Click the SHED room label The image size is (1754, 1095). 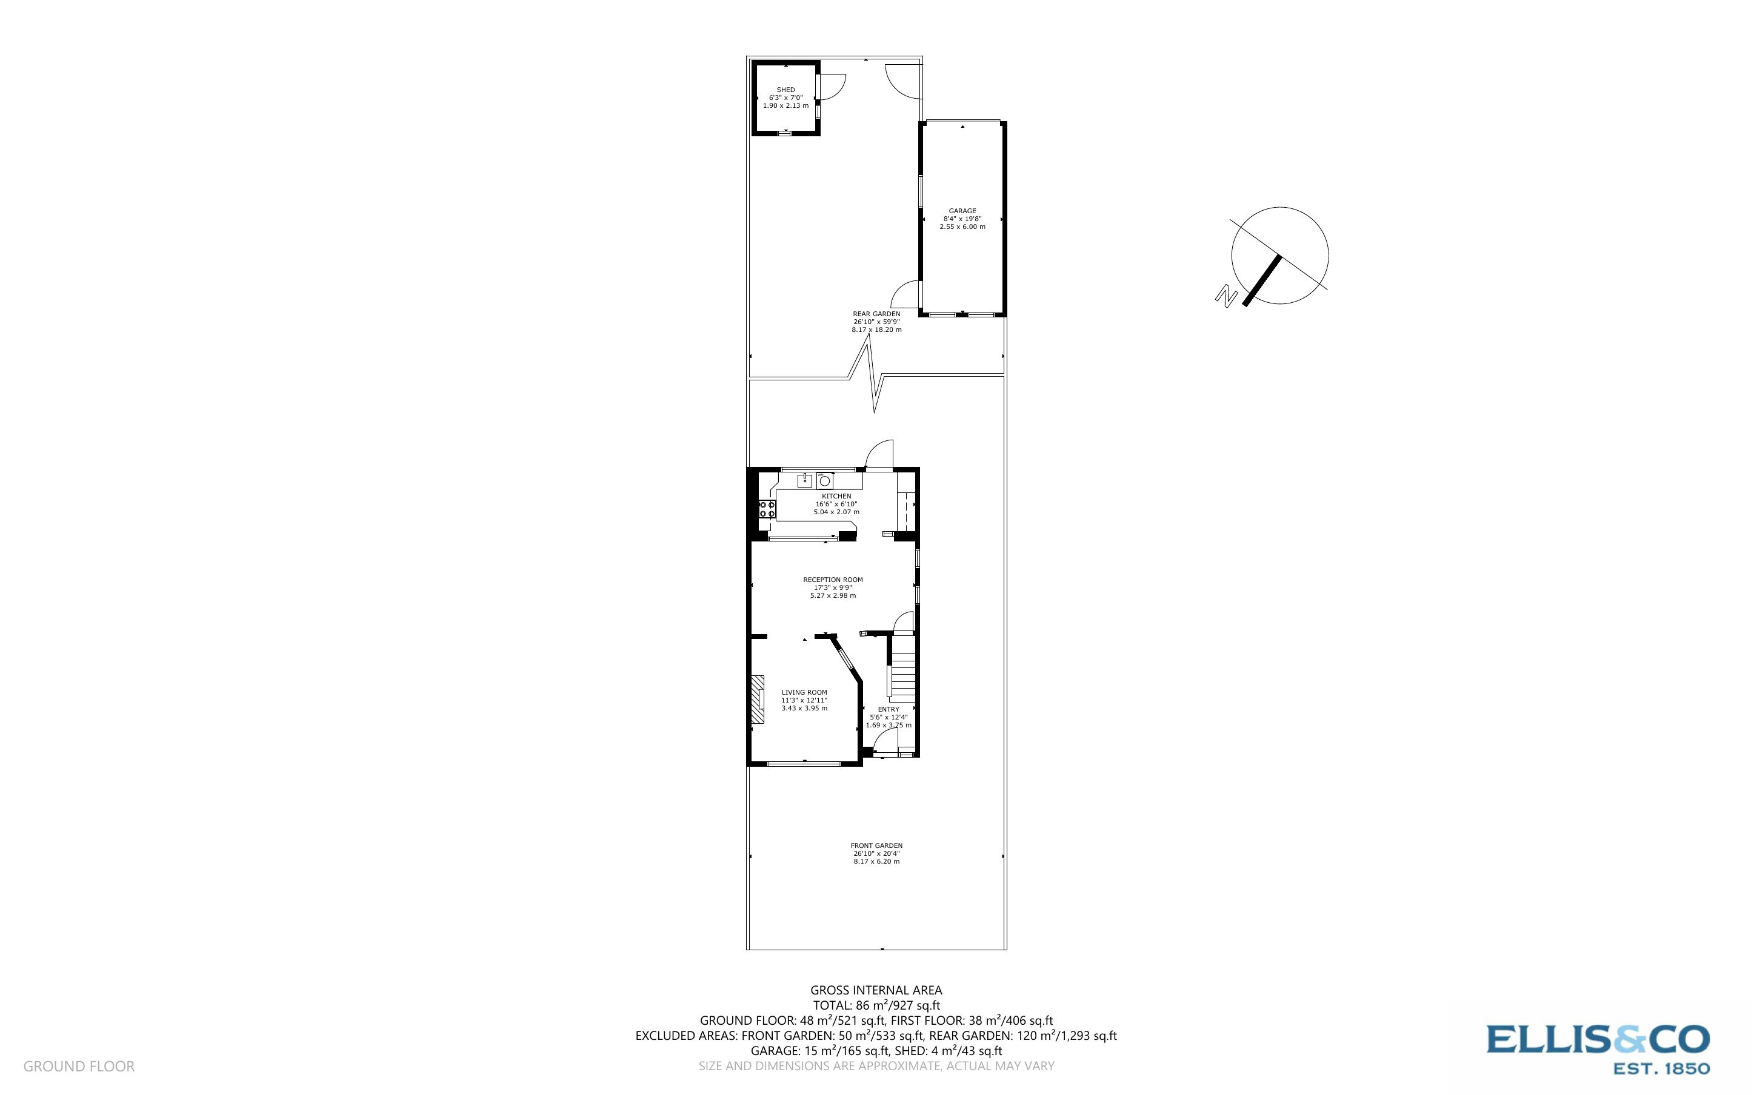pyautogui.click(x=785, y=90)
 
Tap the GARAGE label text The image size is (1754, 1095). pyautogui.click(x=962, y=211)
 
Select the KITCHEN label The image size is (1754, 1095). pyautogui.click(x=836, y=496)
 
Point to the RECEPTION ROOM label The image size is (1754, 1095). pyautogui.click(x=832, y=580)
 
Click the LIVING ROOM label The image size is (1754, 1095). pyautogui.click(x=804, y=692)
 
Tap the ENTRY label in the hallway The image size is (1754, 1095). pyautogui.click(x=889, y=709)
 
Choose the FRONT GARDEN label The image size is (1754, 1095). pyautogui.click(x=876, y=845)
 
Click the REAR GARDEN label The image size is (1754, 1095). pyautogui.click(x=876, y=314)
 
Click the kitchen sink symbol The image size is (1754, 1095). pyautogui.click(x=805, y=480)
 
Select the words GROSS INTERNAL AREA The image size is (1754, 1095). pyautogui.click(x=876, y=990)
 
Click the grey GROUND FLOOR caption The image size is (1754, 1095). pyautogui.click(x=79, y=1066)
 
